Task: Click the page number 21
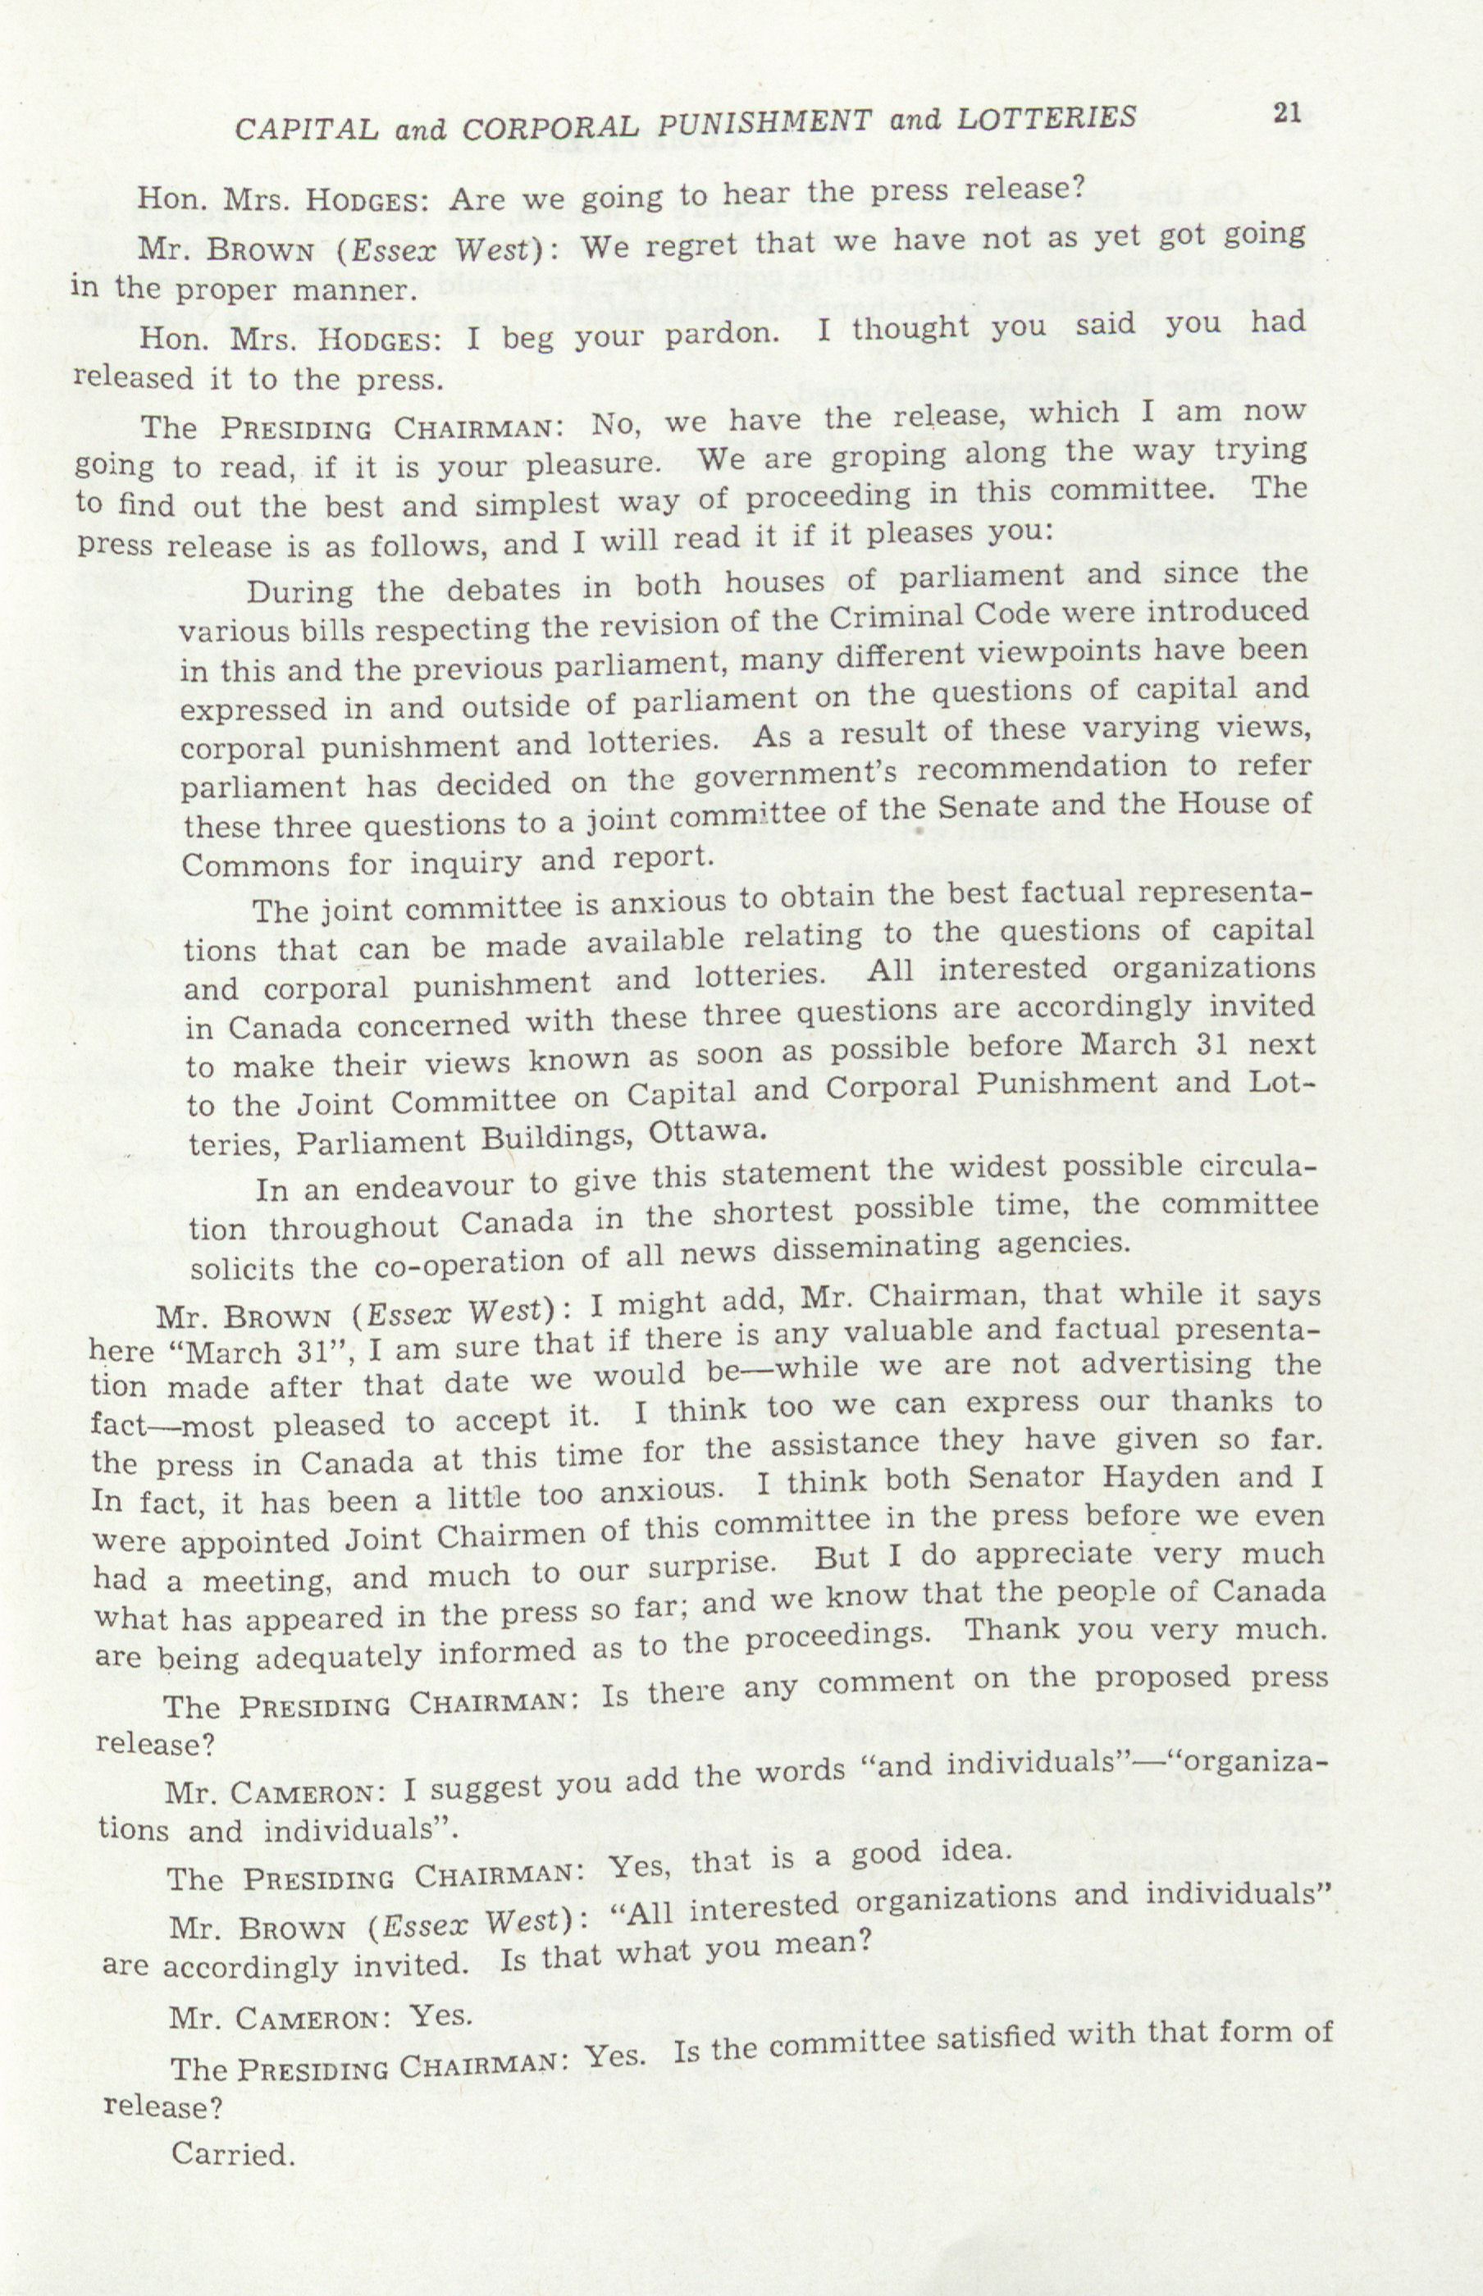coord(1286,114)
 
